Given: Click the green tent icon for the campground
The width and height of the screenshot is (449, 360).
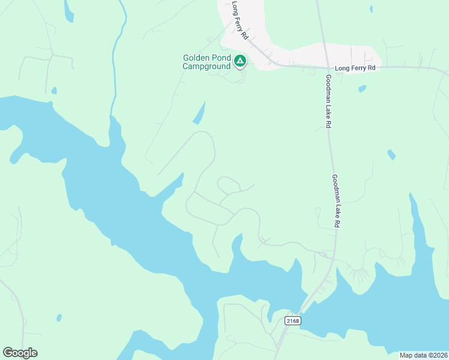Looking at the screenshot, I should (x=240, y=61).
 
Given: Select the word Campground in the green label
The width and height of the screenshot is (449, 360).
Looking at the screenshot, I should (x=206, y=67).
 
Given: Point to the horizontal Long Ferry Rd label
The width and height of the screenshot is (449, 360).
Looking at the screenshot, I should (x=355, y=68).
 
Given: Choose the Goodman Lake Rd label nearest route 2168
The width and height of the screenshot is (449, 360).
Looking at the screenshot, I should (x=336, y=200).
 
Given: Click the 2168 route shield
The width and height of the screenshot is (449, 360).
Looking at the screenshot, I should (x=292, y=321).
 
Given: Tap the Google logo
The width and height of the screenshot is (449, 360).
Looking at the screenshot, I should (x=20, y=353).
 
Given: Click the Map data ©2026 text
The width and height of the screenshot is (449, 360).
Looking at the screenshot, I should (x=423, y=355).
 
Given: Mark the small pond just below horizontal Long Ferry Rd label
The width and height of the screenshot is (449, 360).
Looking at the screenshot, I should (x=362, y=89).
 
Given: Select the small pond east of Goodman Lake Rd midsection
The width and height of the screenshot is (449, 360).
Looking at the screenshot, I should (x=391, y=154).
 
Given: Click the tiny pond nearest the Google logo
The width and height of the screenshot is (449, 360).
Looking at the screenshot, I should (x=58, y=317).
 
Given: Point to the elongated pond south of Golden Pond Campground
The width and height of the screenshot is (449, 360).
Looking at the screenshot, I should (x=199, y=113).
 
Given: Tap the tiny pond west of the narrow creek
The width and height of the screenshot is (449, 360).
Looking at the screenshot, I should (x=54, y=91).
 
